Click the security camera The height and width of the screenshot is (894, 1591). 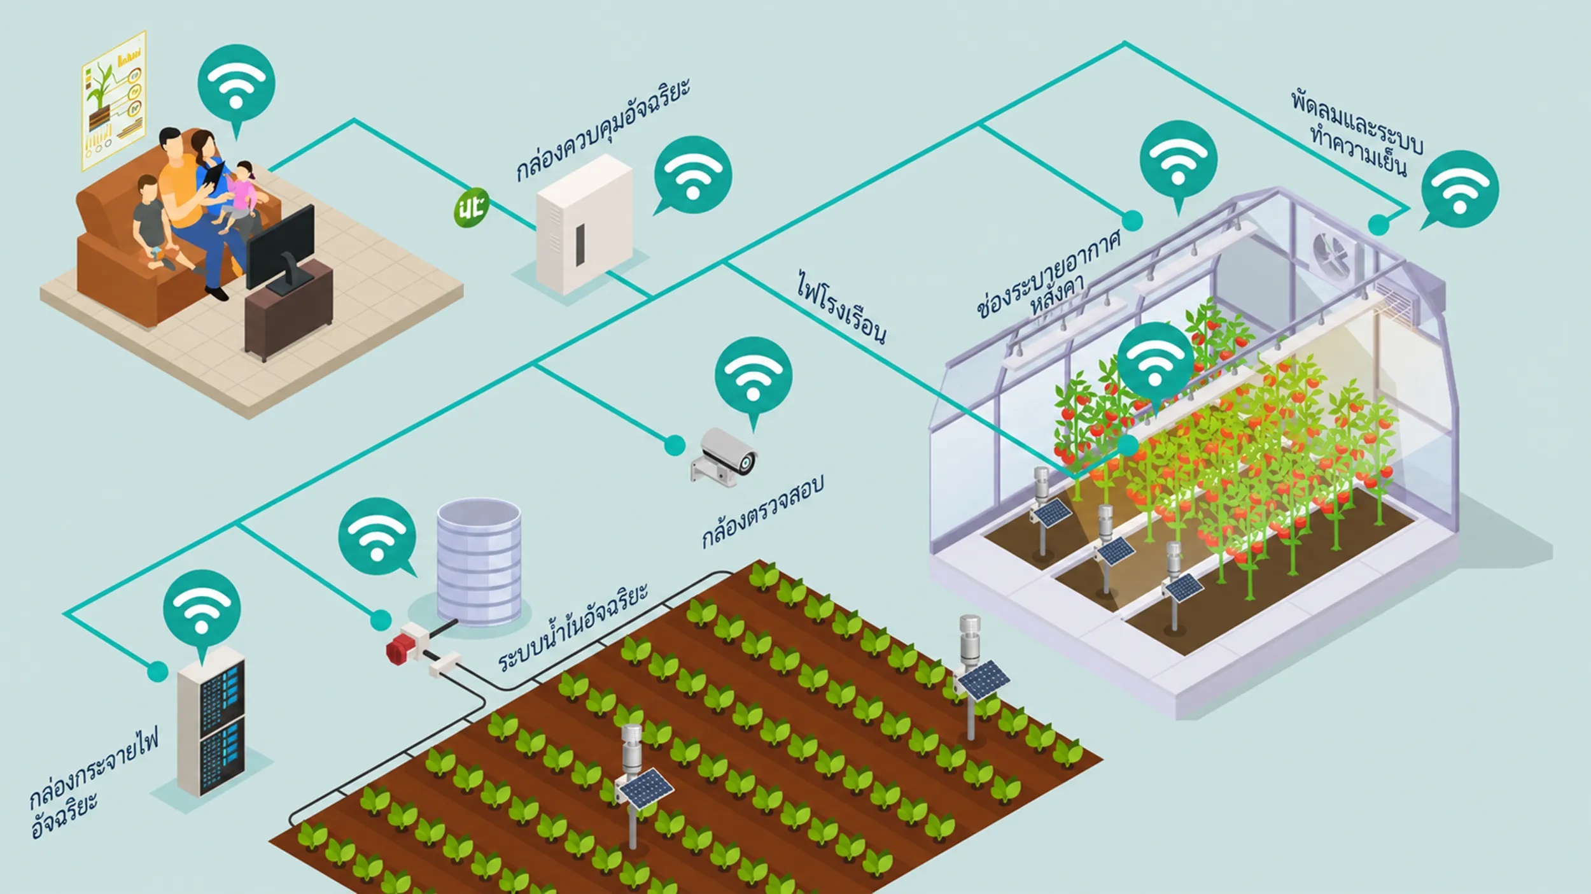click(724, 457)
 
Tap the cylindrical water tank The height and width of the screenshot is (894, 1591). click(479, 561)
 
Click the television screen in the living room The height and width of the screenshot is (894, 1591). click(280, 246)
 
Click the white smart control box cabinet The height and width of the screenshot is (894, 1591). click(584, 224)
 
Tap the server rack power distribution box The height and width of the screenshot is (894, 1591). click(211, 721)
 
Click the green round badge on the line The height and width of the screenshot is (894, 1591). click(471, 208)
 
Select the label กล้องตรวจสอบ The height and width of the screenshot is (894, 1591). click(762, 511)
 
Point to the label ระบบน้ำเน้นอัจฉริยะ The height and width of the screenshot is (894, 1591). click(573, 627)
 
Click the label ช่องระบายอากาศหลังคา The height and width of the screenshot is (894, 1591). click(1048, 274)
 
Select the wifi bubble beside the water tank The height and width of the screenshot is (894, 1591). click(377, 537)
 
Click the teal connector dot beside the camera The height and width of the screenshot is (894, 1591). click(675, 445)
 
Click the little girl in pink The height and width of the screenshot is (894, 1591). click(239, 196)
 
